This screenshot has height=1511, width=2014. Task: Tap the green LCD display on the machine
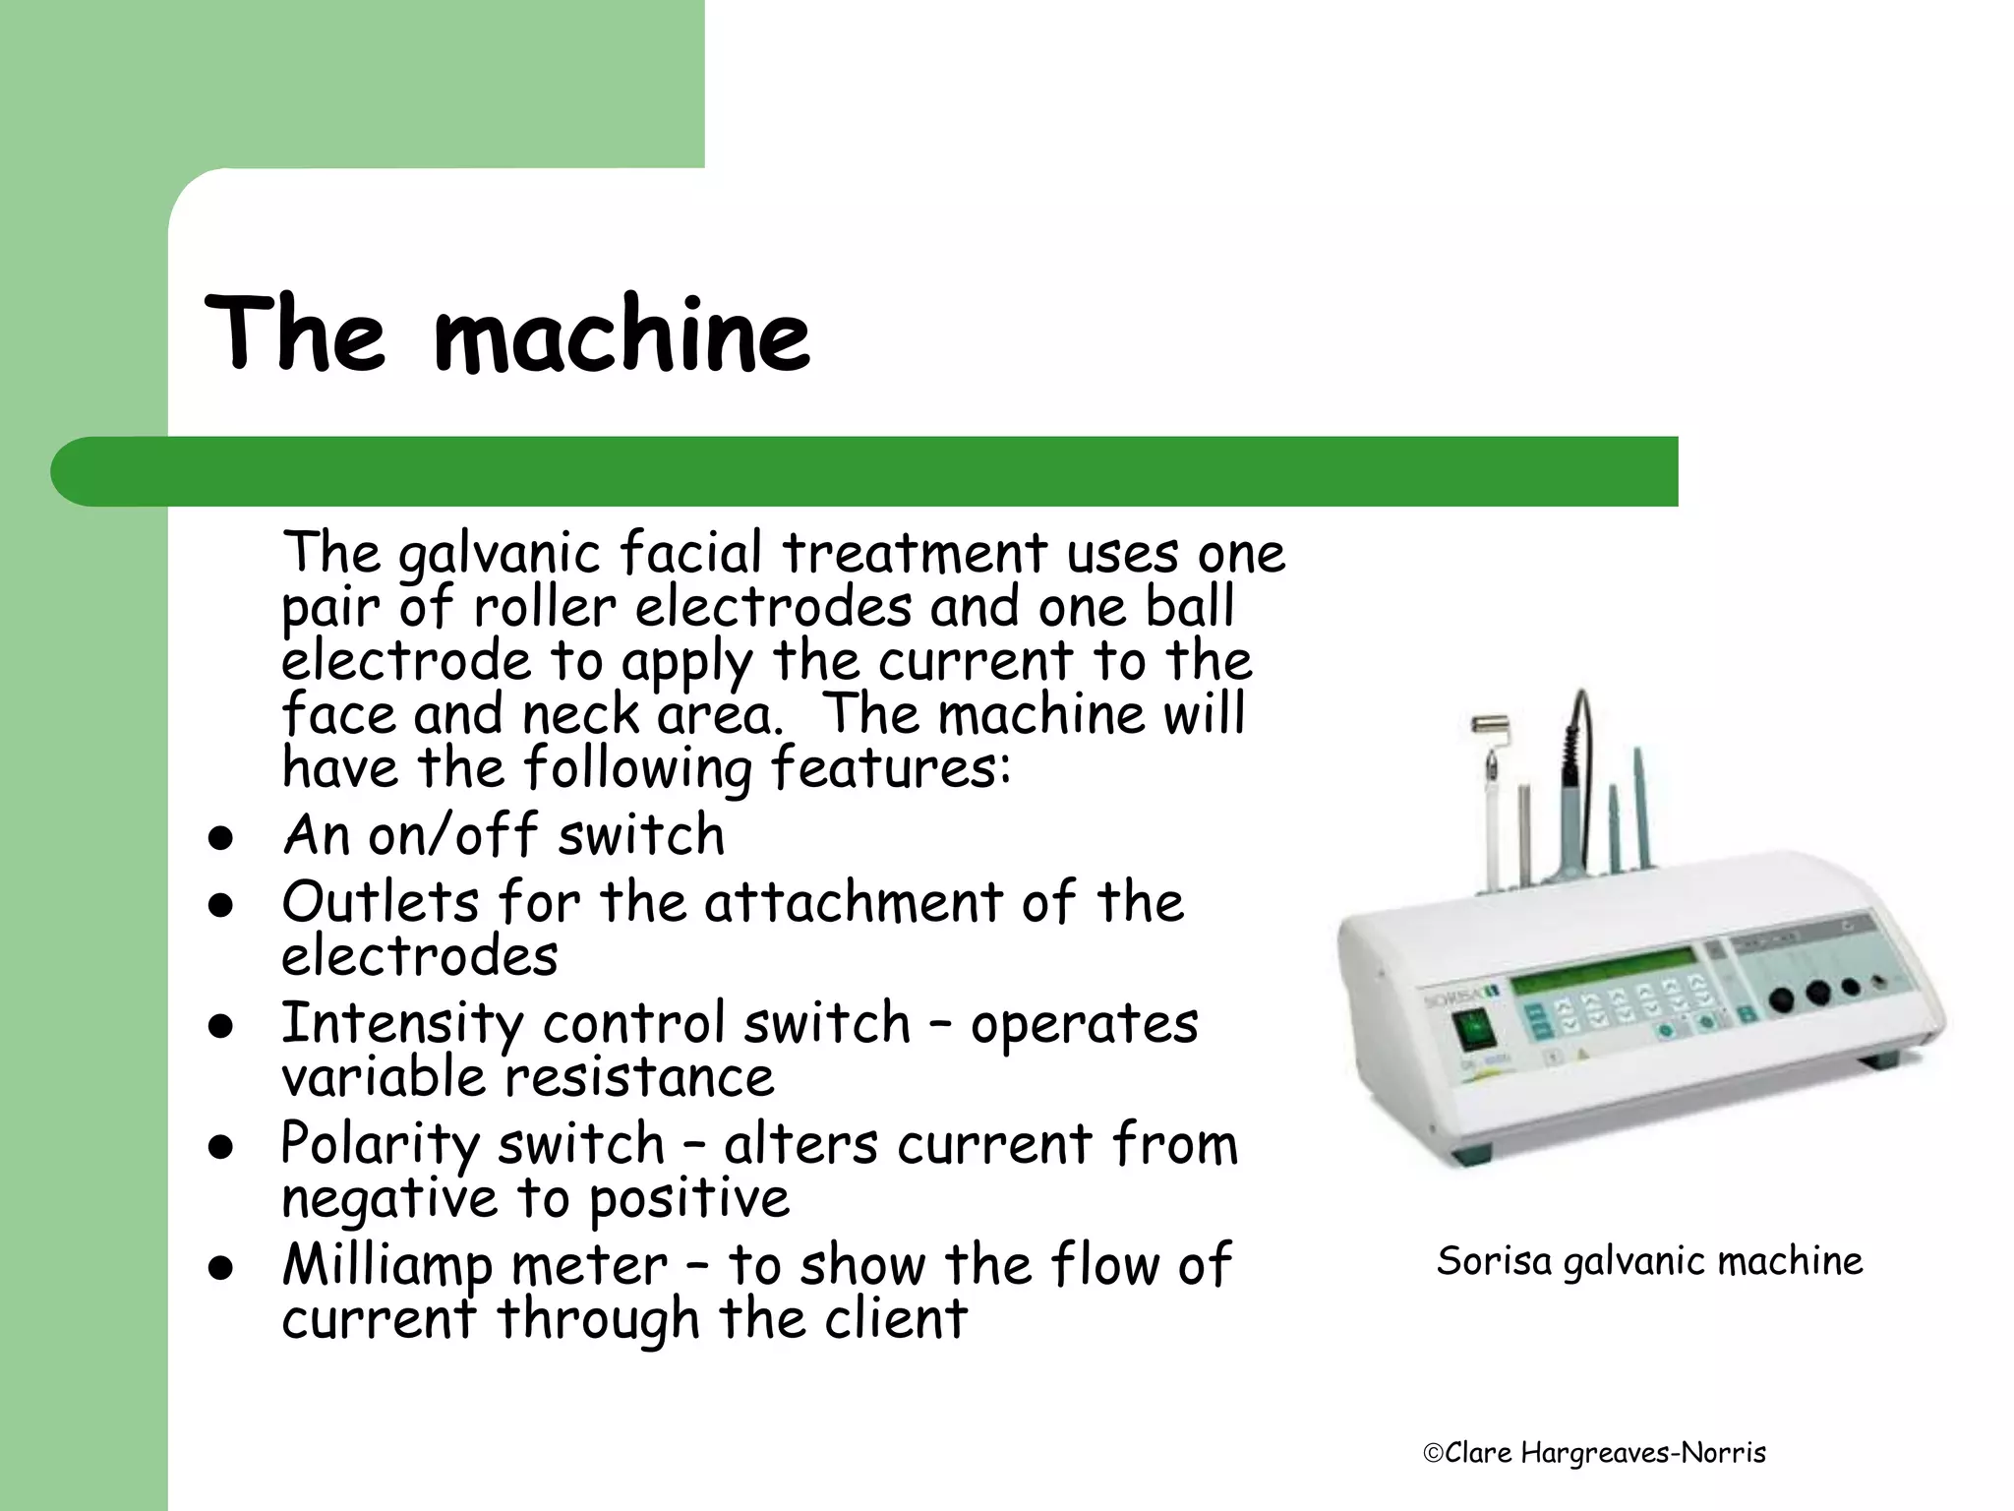(x=1605, y=973)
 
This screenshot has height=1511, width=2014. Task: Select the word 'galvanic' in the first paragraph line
(x=499, y=553)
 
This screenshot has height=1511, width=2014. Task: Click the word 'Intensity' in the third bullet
(x=401, y=1023)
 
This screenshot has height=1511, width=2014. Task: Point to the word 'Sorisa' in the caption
(x=1493, y=1261)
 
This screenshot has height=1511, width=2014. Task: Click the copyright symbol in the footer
(x=1433, y=1453)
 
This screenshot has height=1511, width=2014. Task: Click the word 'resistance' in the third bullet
(x=639, y=1077)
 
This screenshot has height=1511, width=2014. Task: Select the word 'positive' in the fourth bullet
(x=689, y=1199)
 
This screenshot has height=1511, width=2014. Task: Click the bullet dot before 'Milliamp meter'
(x=220, y=1269)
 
